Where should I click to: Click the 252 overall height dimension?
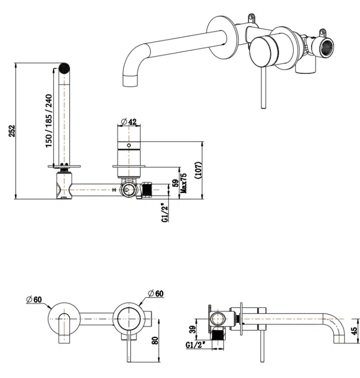click(x=11, y=131)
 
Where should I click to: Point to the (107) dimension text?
click(x=197, y=170)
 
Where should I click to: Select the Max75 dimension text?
click(x=183, y=183)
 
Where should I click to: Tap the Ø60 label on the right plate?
click(x=155, y=293)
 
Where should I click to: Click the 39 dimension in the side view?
click(x=192, y=329)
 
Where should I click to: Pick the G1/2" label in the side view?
click(x=198, y=346)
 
